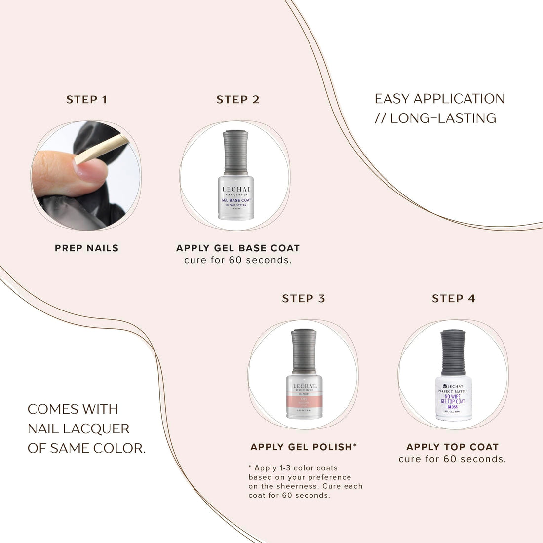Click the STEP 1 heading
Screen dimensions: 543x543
point(86,100)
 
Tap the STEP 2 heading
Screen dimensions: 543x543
point(237,100)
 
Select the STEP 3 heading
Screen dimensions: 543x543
point(304,299)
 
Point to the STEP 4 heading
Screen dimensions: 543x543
point(454,299)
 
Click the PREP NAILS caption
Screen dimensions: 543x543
point(86,248)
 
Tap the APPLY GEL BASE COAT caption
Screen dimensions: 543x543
point(237,248)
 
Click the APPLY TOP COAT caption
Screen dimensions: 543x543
point(452,447)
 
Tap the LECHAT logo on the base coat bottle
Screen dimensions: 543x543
point(236,189)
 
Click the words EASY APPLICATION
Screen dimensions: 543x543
point(439,99)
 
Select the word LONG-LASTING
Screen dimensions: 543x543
point(443,118)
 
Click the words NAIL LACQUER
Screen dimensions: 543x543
point(78,428)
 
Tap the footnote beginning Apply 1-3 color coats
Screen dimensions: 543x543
point(305,482)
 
